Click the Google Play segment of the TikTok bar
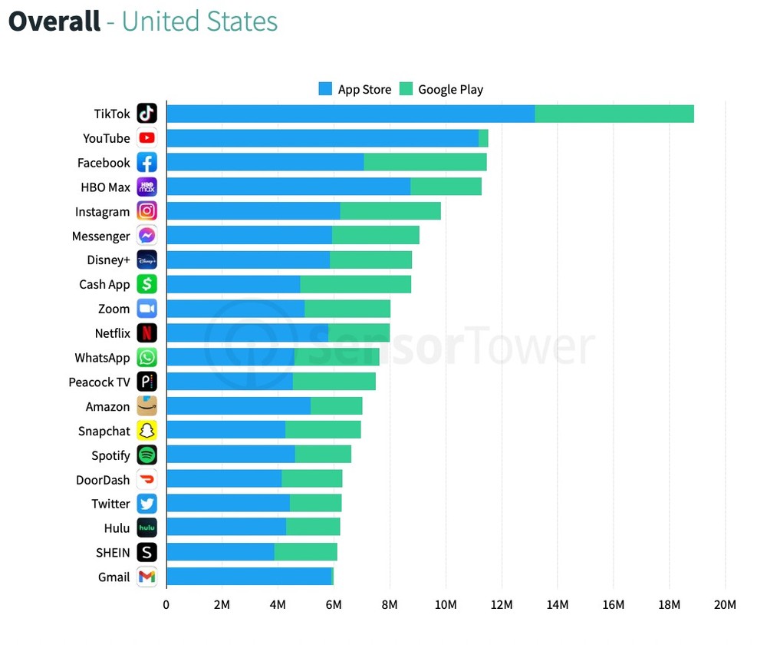[x=614, y=114]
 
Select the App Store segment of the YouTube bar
[x=322, y=138]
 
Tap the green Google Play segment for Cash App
[x=355, y=284]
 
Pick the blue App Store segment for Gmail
[x=249, y=577]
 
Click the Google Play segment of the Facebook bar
[x=425, y=162]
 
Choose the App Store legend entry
[x=355, y=89]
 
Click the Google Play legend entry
[x=441, y=89]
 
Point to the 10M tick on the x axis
[x=446, y=604]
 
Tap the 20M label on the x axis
[x=725, y=604]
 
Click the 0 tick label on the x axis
[x=166, y=604]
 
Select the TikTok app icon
[x=146, y=114]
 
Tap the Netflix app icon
[x=146, y=332]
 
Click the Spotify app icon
[x=146, y=455]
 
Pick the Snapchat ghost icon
[x=146, y=431]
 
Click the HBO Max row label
[x=105, y=187]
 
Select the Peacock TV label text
[x=99, y=382]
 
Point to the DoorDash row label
[x=103, y=480]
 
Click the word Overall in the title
[x=54, y=21]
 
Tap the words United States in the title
[x=199, y=21]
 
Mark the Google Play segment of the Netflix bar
[x=359, y=332]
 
